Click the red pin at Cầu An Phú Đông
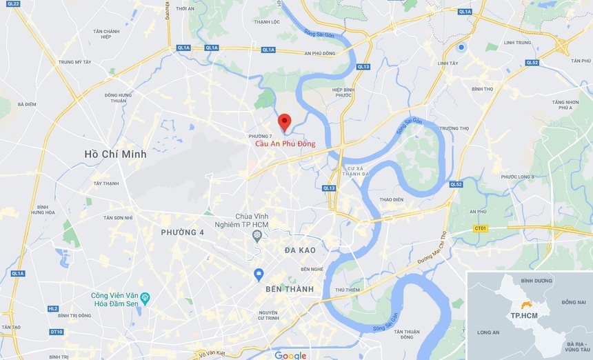tap(284, 122)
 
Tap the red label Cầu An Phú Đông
tap(281, 144)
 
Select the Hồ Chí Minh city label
tap(115, 154)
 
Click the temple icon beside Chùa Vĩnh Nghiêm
tap(257, 236)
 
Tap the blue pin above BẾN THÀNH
tap(259, 274)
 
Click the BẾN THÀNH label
tap(290, 289)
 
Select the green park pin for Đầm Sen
tap(145, 297)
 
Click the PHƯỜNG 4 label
tap(182, 232)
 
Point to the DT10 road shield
tap(56, 332)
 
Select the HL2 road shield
tap(53, 309)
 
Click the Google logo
tap(290, 355)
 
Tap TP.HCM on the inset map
tap(524, 315)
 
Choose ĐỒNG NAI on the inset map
tap(573, 302)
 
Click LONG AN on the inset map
tap(488, 332)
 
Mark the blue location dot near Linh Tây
tap(461, 47)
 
